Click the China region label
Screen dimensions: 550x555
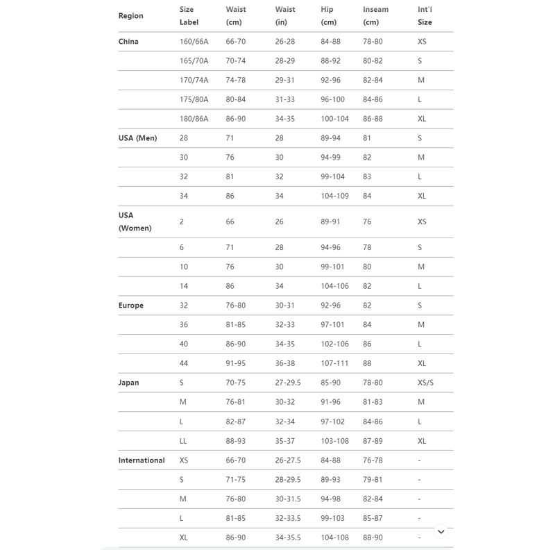tap(128, 42)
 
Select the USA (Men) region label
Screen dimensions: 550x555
tap(137, 138)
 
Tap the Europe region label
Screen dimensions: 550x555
tap(131, 306)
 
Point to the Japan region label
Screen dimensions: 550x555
tap(128, 383)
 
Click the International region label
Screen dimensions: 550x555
tap(142, 460)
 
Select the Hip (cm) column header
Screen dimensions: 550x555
tap(328, 16)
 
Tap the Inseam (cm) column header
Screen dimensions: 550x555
tap(375, 16)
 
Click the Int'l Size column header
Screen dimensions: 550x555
tap(425, 16)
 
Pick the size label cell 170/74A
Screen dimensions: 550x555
tap(194, 81)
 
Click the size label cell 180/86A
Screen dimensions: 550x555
tap(194, 119)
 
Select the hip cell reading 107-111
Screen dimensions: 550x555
tap(334, 363)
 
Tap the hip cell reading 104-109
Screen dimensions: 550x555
tap(334, 196)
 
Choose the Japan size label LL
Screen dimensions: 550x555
tap(184, 441)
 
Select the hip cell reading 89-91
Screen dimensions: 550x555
tap(330, 222)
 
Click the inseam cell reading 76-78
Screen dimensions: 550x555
tap(373, 460)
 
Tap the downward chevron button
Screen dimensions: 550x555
tap(441, 531)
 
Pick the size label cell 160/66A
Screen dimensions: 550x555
tap(194, 42)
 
